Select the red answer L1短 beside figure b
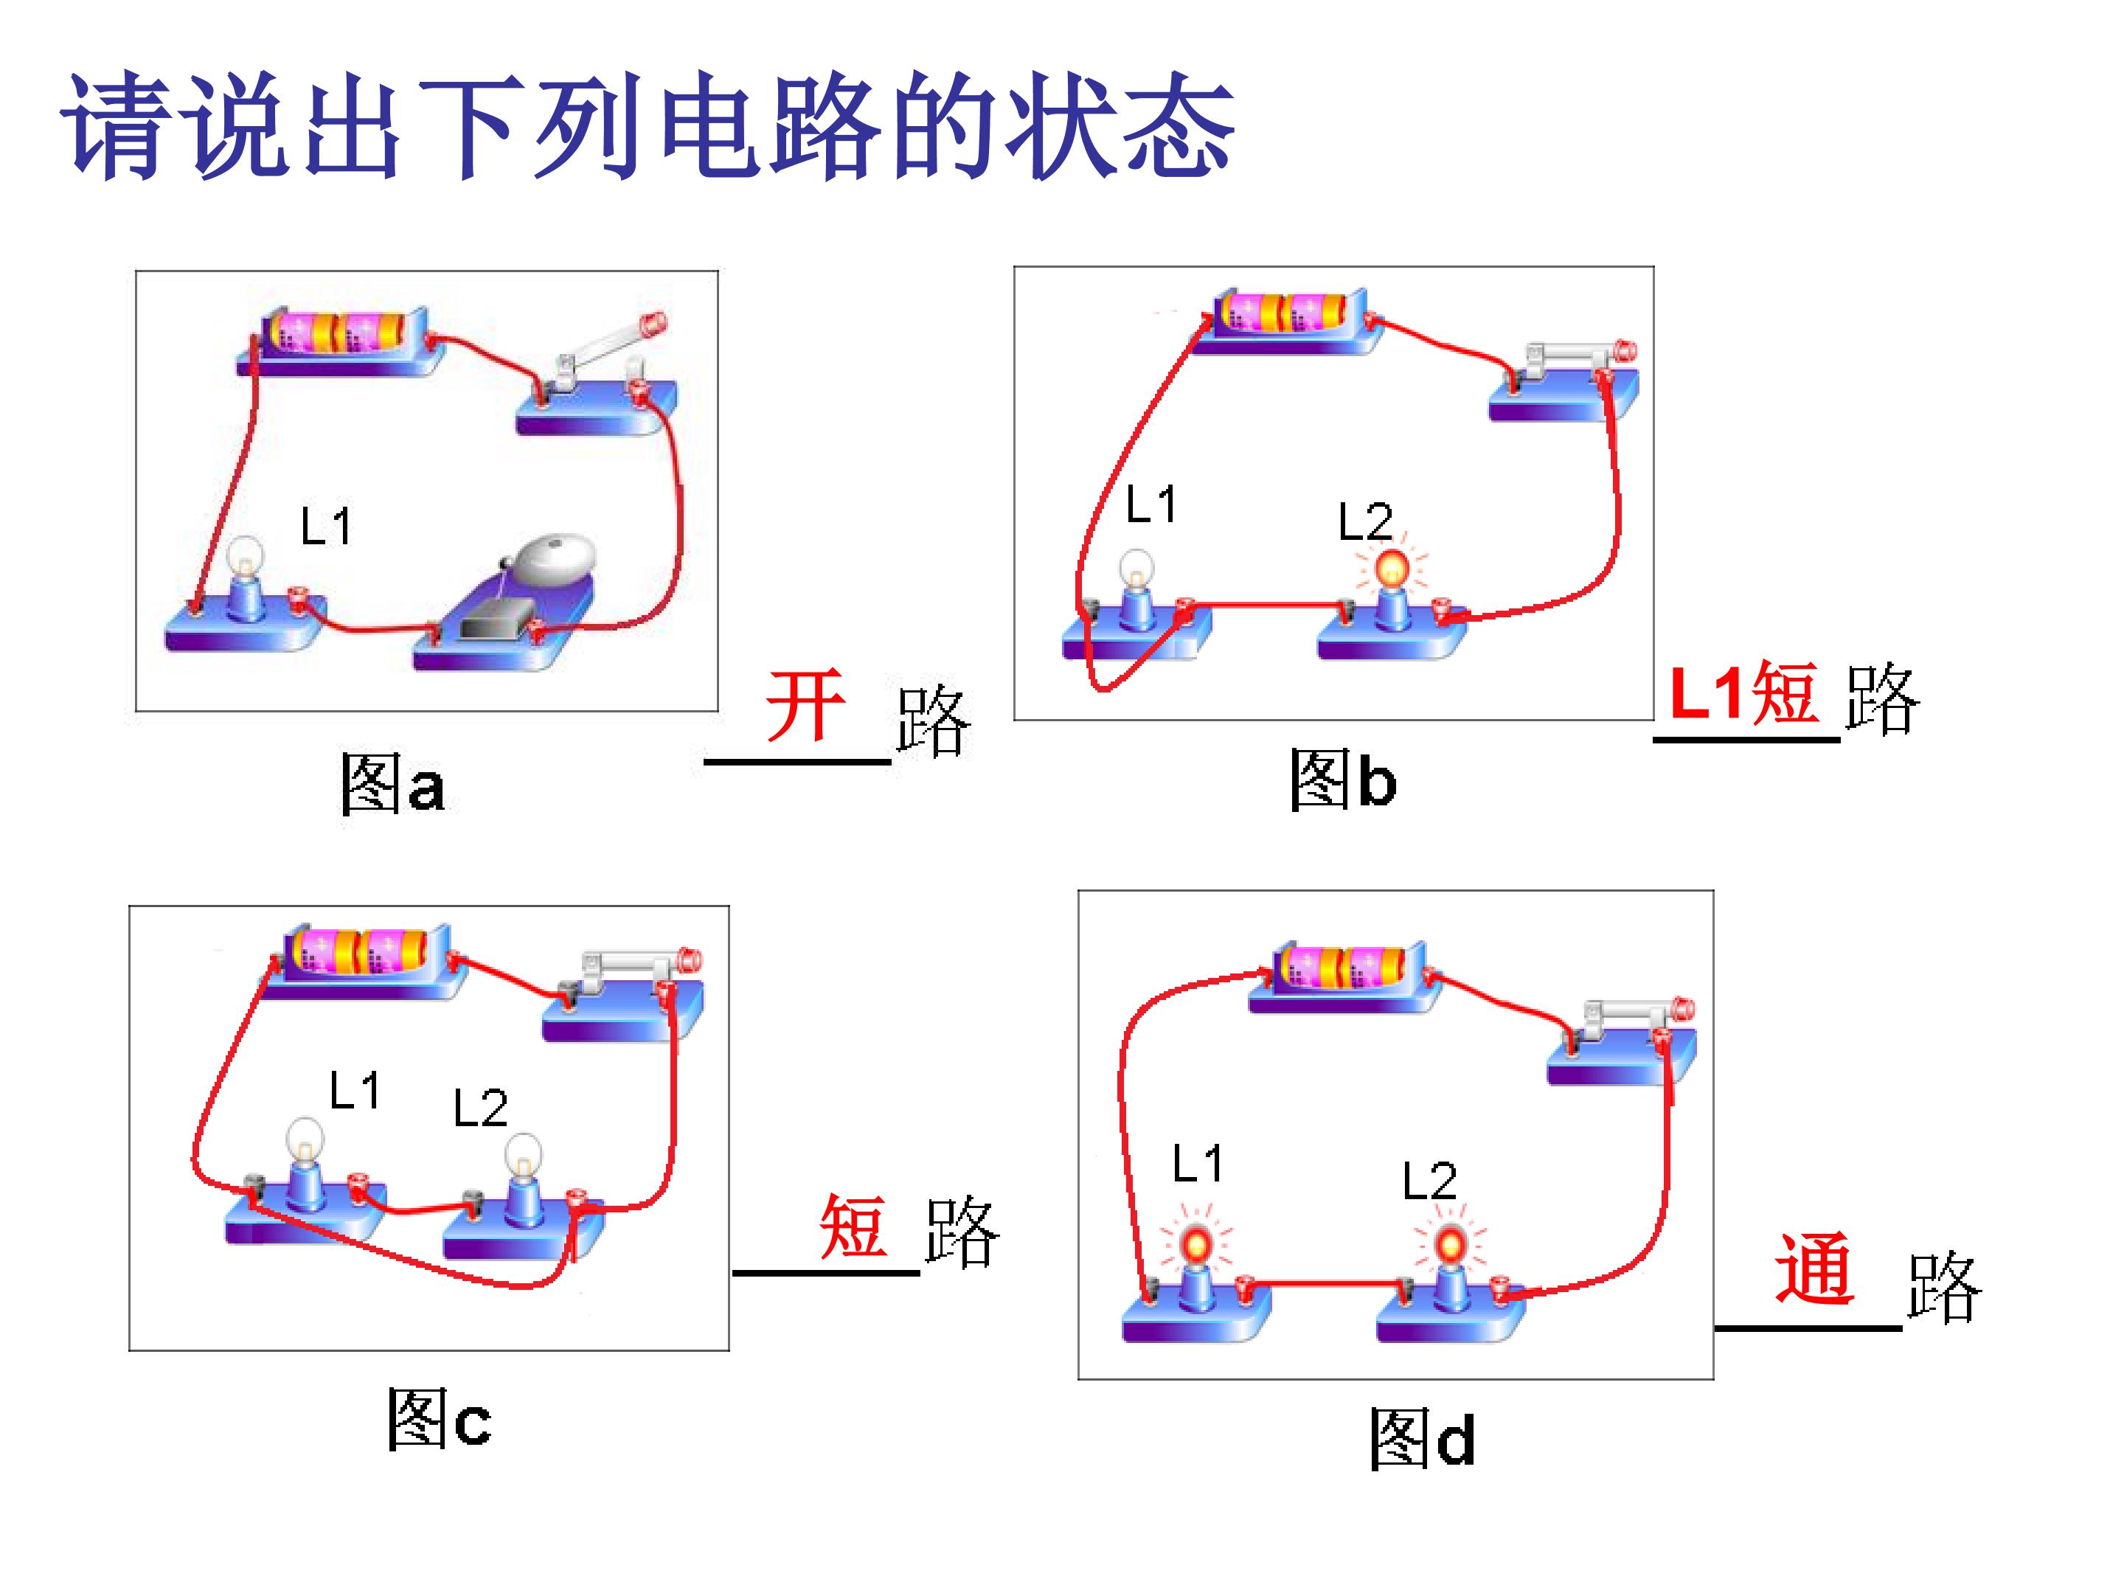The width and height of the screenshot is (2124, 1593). pos(1743,693)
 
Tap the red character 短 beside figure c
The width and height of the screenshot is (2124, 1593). pos(853,1226)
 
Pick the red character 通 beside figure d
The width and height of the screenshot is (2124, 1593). pos(1814,1268)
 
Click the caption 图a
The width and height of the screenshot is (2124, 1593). pos(392,783)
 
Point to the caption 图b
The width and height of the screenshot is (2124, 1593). pos(1342,779)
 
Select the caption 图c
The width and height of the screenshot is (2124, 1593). pos(439,1418)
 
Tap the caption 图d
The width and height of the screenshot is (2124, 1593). pos(1421,1437)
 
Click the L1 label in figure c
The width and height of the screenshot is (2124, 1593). pos(355,1091)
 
